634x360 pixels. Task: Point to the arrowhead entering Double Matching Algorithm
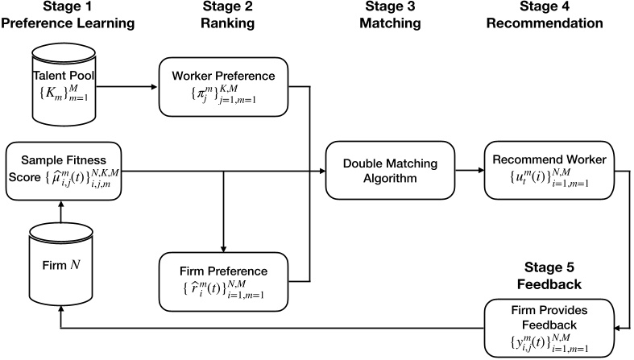pos(319,171)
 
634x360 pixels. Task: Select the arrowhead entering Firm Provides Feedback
pos(625,327)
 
